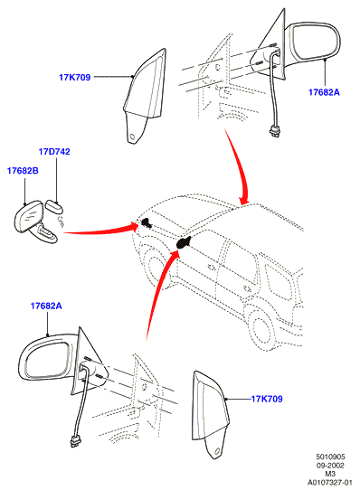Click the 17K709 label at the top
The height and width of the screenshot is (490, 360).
(x=75, y=77)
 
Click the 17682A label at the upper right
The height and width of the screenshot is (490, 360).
(x=324, y=92)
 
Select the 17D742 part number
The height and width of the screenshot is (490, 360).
(x=54, y=152)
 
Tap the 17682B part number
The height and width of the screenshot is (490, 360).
(x=23, y=171)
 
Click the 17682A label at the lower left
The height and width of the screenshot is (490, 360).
(x=46, y=306)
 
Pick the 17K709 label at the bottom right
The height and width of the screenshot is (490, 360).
(x=267, y=399)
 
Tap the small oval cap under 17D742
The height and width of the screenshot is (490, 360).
(x=54, y=206)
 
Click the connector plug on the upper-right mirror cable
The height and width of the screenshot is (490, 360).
(x=274, y=130)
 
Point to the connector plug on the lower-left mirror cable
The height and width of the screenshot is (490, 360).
(x=75, y=441)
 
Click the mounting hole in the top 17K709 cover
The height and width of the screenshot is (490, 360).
(x=133, y=137)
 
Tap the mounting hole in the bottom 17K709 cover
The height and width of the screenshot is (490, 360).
(x=217, y=451)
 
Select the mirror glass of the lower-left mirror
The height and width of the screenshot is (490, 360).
(x=47, y=360)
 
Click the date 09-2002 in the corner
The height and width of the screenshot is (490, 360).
(x=330, y=466)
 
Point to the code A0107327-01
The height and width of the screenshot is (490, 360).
(x=330, y=482)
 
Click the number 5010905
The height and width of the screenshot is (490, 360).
(x=330, y=457)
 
